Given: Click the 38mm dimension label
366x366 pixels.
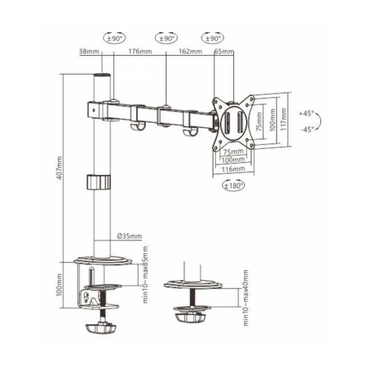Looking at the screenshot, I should [x=90, y=51].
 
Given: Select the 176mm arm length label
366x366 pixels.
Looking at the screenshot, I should [x=140, y=51].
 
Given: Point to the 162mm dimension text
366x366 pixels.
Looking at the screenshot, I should [x=190, y=51].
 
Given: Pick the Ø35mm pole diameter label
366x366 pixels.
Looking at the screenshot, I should [x=129, y=236].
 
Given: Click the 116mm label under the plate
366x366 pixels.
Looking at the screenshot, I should [x=233, y=169].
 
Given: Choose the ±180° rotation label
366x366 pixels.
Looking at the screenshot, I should [x=233, y=185].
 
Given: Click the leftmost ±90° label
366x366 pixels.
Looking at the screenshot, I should [x=114, y=39].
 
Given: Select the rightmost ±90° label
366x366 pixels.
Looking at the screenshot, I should [x=212, y=39].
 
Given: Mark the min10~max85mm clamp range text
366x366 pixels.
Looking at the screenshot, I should [x=145, y=274].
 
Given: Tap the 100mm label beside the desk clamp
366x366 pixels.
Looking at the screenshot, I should [x=60, y=284].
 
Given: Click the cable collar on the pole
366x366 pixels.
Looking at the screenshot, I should [x=98, y=182].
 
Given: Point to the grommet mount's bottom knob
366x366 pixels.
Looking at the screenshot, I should [x=192, y=316].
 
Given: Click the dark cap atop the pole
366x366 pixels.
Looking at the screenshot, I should [x=101, y=75].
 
